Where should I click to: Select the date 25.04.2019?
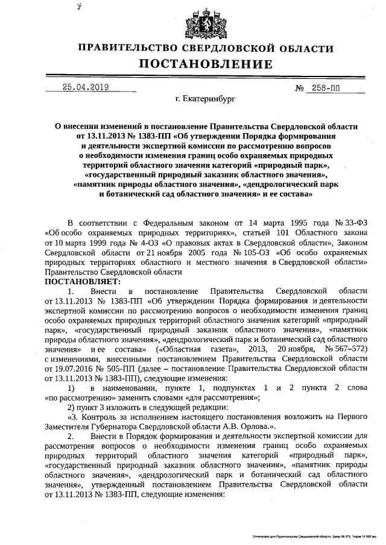click(x=85, y=87)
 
